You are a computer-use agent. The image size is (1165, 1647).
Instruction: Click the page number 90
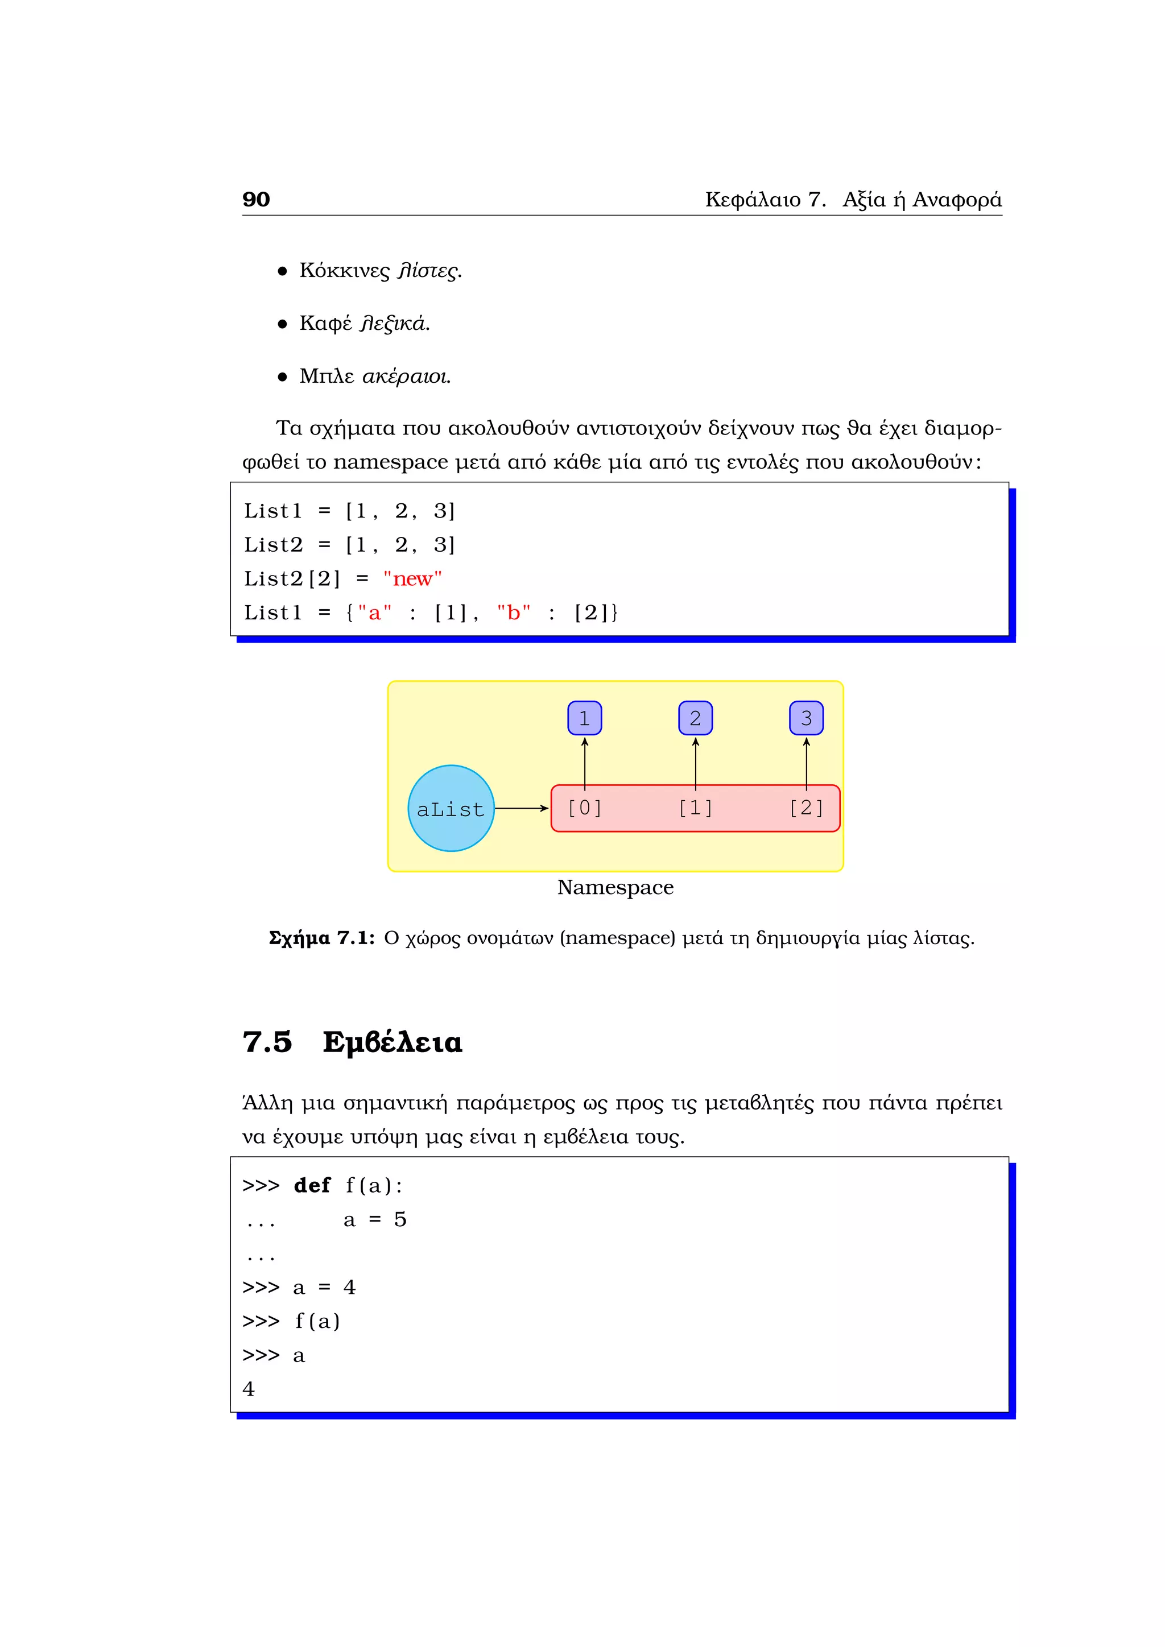256,200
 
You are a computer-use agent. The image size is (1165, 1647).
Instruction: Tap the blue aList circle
451,809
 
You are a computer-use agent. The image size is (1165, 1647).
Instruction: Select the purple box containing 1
585,718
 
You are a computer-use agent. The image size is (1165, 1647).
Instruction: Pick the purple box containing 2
695,718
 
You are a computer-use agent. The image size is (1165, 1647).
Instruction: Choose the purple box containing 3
806,718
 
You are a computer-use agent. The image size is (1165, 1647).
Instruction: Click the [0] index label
585,809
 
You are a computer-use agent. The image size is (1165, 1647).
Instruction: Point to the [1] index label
695,809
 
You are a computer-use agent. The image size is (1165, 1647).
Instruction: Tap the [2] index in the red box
806,809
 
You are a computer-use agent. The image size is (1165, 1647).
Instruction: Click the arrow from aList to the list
522,809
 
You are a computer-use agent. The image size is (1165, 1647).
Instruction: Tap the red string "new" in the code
412,579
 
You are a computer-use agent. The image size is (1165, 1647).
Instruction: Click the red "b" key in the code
514,613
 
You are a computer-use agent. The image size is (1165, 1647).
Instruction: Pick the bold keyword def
312,1186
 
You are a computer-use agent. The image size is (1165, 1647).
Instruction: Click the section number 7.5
267,1042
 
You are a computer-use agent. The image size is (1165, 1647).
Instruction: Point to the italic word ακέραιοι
406,376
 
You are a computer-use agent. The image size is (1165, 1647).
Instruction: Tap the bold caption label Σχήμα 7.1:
321,938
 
